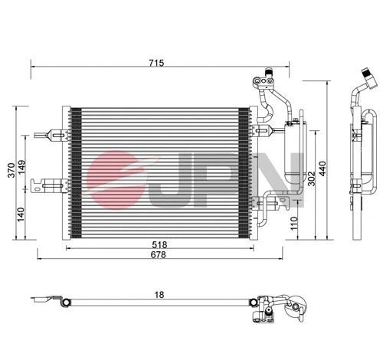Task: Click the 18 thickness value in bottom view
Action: (x=157, y=293)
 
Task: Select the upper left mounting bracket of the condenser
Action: (x=56, y=134)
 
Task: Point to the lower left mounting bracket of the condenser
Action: (x=54, y=184)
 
